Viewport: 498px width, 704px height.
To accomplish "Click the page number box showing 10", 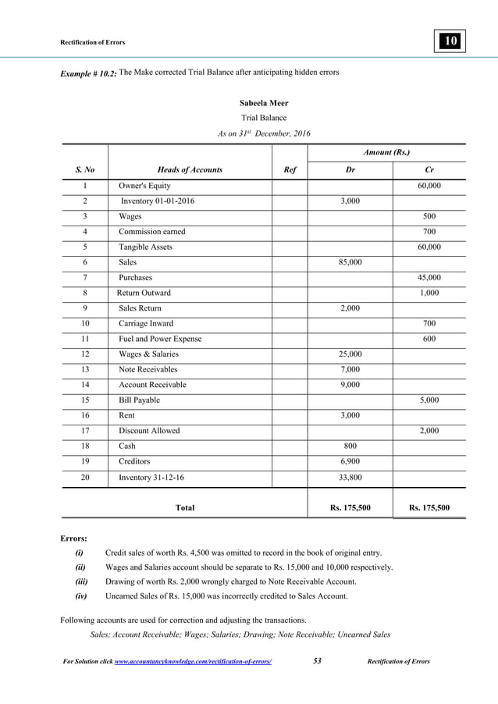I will pyautogui.click(x=451, y=41).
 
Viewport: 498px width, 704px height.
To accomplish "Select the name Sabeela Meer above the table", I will pyautogui.click(x=263, y=103).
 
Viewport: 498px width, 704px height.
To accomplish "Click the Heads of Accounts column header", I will pyautogui.click(x=190, y=169).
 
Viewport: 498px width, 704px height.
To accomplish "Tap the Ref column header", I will pyautogui.click(x=289, y=169).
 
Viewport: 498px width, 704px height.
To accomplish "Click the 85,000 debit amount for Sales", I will pyautogui.click(x=349, y=262).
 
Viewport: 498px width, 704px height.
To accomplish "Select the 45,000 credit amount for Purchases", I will pyautogui.click(x=429, y=277).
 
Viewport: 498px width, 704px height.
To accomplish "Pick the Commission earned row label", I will pyautogui.click(x=152, y=232).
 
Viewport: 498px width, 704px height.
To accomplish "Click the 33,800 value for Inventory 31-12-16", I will pyautogui.click(x=349, y=476).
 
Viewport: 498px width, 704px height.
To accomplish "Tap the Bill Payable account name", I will pyautogui.click(x=139, y=400).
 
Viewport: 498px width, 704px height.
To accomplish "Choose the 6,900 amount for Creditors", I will pyautogui.click(x=349, y=460).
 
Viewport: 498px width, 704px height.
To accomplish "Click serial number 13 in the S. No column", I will pyautogui.click(x=84, y=369).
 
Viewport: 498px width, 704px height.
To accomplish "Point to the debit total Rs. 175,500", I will pyautogui.click(x=350, y=508).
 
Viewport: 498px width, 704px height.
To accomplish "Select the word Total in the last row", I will pyautogui.click(x=185, y=508).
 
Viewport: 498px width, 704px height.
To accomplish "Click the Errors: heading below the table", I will pyautogui.click(x=74, y=538).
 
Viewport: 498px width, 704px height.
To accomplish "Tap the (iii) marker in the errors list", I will pyautogui.click(x=81, y=581).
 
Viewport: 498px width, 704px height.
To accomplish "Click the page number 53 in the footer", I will pyautogui.click(x=317, y=661).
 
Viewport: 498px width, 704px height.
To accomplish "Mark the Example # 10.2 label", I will pyautogui.click(x=88, y=73).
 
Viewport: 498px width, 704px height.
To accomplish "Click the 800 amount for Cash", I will pyautogui.click(x=350, y=446).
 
